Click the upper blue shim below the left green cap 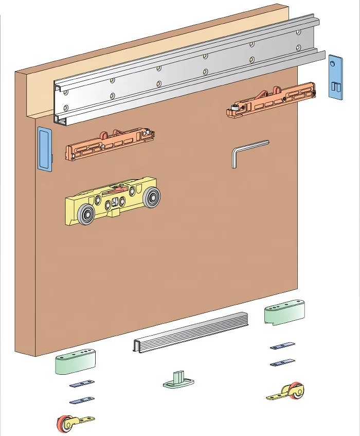[x=82, y=383]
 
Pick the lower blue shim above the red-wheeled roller [x=82, y=400]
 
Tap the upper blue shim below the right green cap [x=282, y=346]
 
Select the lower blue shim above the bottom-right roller [x=282, y=362]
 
